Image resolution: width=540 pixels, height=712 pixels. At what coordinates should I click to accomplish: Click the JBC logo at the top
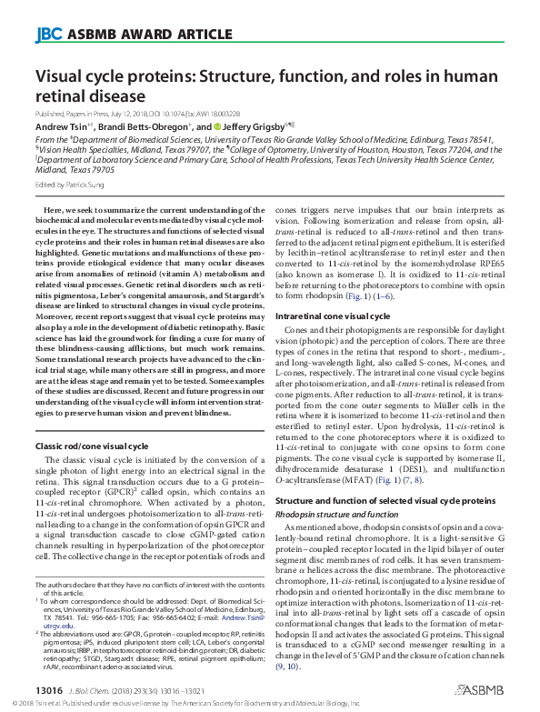pos(47,35)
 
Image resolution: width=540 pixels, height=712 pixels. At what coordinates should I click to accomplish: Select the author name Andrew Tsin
pos(60,126)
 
